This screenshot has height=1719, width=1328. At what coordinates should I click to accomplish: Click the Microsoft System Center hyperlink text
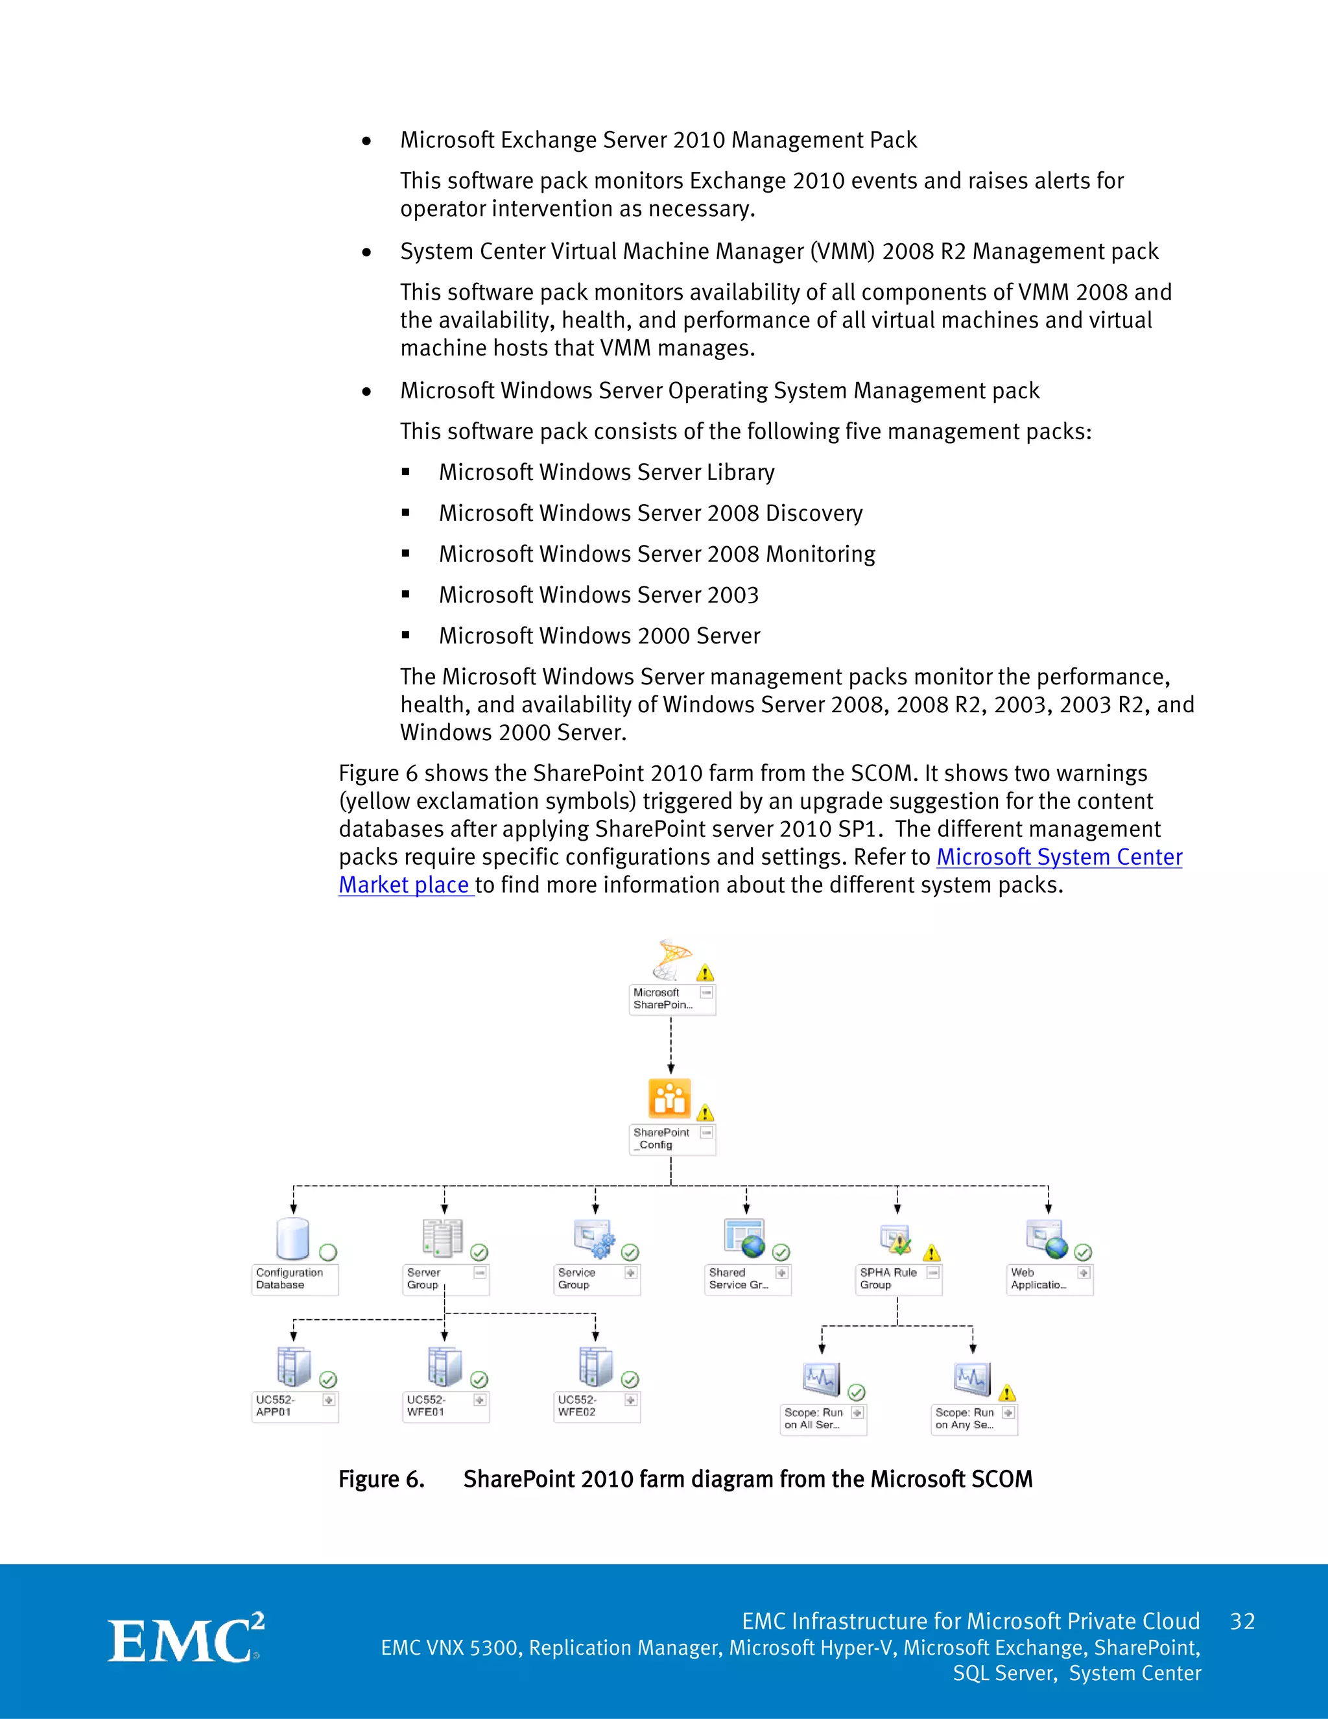point(1058,856)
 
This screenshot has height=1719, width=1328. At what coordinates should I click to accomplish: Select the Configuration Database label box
point(294,1279)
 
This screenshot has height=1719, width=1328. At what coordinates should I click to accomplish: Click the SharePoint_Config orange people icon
point(669,1098)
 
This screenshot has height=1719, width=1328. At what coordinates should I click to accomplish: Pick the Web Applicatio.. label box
point(1049,1279)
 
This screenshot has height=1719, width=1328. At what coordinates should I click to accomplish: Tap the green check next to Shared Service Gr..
point(781,1252)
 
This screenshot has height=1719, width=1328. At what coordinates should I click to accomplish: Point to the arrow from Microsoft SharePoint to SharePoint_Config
point(670,1047)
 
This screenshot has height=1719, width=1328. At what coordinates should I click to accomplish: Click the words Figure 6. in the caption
point(381,1479)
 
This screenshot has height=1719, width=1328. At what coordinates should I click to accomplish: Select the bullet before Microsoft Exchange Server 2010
point(366,141)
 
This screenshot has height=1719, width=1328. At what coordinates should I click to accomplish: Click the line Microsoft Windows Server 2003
point(598,595)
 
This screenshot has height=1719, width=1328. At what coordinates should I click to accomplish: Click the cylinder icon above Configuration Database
point(292,1239)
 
